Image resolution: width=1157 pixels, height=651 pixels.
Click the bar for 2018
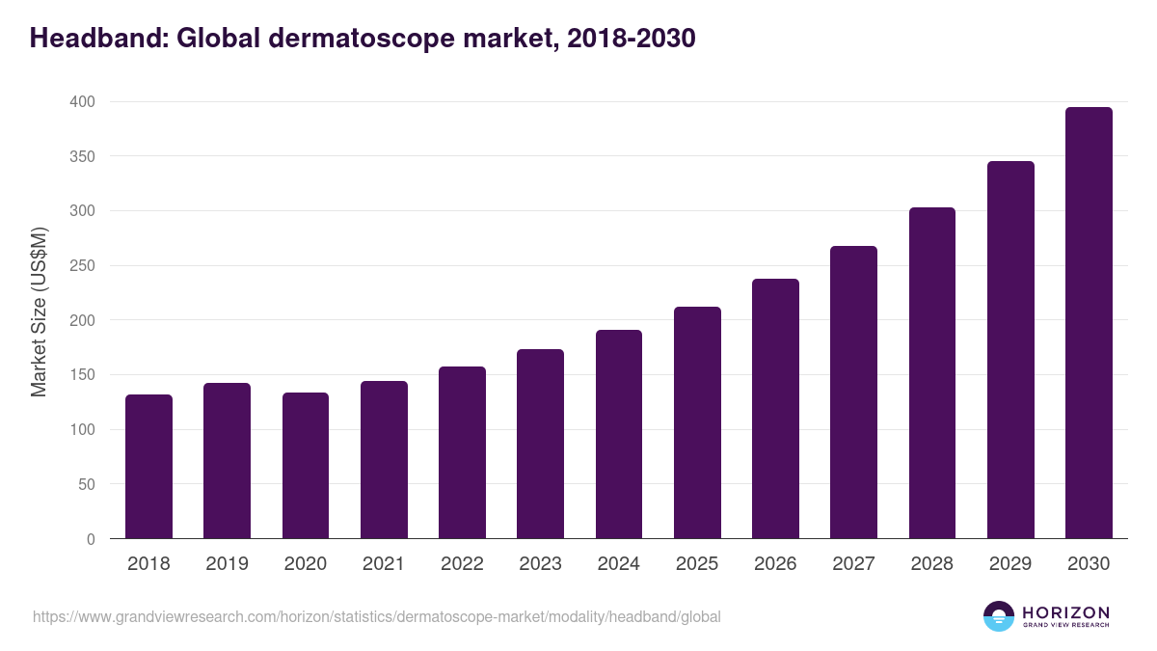coord(148,467)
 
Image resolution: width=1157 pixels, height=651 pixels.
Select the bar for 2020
coord(306,466)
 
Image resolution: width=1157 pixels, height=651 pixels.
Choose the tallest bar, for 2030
coord(1089,323)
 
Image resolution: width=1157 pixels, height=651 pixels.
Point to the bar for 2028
coord(931,373)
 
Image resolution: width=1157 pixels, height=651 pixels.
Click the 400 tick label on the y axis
coord(82,102)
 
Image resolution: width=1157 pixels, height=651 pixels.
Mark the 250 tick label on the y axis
coord(82,266)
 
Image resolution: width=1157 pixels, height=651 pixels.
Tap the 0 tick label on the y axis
coord(91,539)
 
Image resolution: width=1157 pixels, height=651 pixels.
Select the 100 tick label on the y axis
coord(82,430)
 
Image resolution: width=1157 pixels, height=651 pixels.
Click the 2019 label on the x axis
coord(227,564)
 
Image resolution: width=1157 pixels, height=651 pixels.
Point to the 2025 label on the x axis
coord(697,564)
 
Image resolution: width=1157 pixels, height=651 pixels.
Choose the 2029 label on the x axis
coord(1010,564)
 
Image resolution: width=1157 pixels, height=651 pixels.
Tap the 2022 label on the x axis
coord(462,564)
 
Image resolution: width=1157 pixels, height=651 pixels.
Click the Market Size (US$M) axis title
coord(39,312)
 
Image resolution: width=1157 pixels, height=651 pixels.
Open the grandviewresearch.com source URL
coord(377,616)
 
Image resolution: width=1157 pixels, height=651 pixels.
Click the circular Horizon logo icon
coord(999,616)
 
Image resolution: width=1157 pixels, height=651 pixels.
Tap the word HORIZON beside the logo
coord(1065,611)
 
